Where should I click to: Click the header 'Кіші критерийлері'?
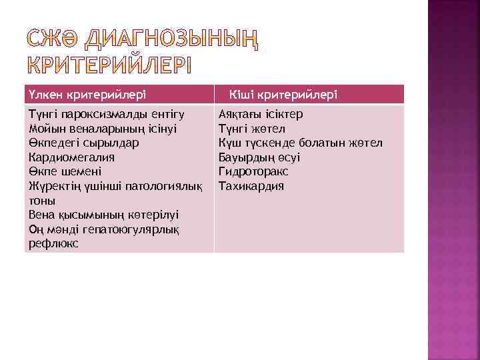[283, 95]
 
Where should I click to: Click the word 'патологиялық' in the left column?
[168, 186]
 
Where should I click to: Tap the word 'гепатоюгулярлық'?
[132, 229]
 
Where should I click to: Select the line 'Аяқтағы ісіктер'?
[261, 114]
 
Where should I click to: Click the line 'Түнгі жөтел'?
[251, 128]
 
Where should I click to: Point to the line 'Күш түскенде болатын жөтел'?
[300, 143]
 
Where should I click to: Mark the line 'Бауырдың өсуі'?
[259, 157]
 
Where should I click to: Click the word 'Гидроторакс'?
[253, 171]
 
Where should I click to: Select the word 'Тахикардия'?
[251, 186]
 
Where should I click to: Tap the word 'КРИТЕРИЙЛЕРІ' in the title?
[107, 67]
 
